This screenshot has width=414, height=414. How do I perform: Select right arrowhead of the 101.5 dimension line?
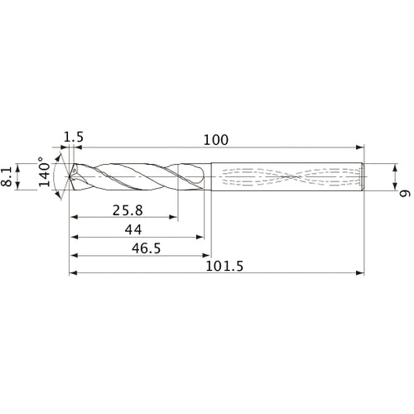coord(360,272)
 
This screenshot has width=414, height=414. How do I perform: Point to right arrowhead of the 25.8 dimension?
coord(174,218)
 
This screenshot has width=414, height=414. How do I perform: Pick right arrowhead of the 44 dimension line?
coord(200,236)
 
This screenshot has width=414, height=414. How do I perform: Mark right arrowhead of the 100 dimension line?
coord(360,147)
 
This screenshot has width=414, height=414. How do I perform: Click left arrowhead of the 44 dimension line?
coord(73,236)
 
